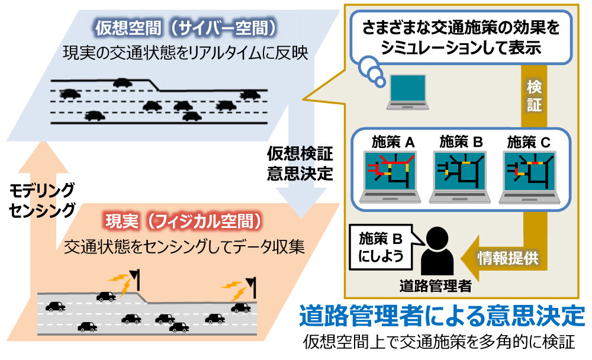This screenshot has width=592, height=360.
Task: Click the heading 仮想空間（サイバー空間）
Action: point(185,27)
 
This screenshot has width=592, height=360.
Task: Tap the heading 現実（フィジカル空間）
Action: point(183,221)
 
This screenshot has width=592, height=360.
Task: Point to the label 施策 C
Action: point(529,142)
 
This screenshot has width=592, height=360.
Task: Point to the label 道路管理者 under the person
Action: point(437,287)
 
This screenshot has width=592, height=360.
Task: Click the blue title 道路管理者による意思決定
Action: point(442,315)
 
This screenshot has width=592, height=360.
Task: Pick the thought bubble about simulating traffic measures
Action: point(462,38)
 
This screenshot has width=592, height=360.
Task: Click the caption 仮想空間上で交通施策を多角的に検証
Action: point(439,342)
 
